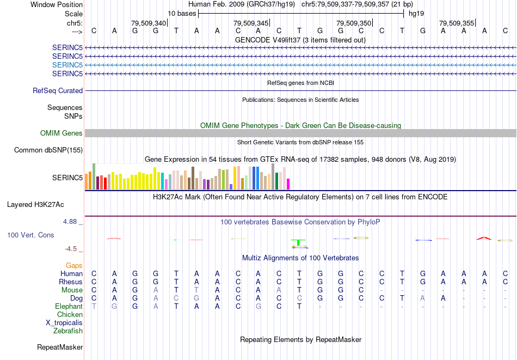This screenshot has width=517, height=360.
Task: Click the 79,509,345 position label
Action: [251, 23]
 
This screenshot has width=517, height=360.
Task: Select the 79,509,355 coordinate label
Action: [457, 23]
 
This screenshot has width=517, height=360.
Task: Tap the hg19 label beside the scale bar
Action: [416, 13]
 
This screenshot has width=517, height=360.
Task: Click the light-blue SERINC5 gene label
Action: [67, 64]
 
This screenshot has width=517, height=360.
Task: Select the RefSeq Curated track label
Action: [58, 90]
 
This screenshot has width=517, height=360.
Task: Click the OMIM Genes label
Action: [61, 133]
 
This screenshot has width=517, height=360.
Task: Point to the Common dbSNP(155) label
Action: [48, 150]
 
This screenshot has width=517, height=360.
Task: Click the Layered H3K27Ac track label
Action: [35, 205]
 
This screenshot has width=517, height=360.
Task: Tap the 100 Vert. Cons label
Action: [30, 235]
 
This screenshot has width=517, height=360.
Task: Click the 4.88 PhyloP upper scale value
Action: [71, 222]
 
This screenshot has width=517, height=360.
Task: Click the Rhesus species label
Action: [71, 282]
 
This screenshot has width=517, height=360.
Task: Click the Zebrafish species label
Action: [68, 331]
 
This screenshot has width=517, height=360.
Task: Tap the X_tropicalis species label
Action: [64, 322]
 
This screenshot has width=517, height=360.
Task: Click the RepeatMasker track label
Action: [60, 347]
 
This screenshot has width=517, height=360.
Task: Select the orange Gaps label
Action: [74, 265]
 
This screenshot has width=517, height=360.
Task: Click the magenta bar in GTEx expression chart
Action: [288, 184]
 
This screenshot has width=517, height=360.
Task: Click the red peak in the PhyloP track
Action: [484, 237]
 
